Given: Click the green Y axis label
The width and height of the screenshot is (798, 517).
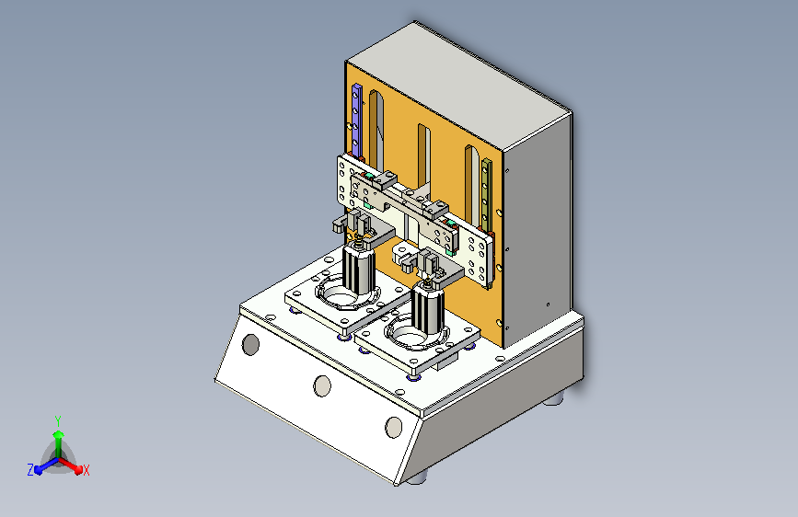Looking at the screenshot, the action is [x=58, y=420].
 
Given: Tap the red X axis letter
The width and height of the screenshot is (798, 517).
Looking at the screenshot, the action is [x=86, y=470].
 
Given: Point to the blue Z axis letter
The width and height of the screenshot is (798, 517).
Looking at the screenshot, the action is [x=30, y=470].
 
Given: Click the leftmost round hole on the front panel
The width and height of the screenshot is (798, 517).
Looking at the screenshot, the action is [x=250, y=344].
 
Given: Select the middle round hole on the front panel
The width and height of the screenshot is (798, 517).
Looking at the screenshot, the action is [x=322, y=385].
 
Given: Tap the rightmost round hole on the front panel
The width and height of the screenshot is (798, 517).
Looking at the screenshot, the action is [x=393, y=427].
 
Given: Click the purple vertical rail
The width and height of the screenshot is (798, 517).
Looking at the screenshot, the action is [x=357, y=121].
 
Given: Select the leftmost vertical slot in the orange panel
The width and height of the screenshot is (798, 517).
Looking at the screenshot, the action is [x=376, y=128].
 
